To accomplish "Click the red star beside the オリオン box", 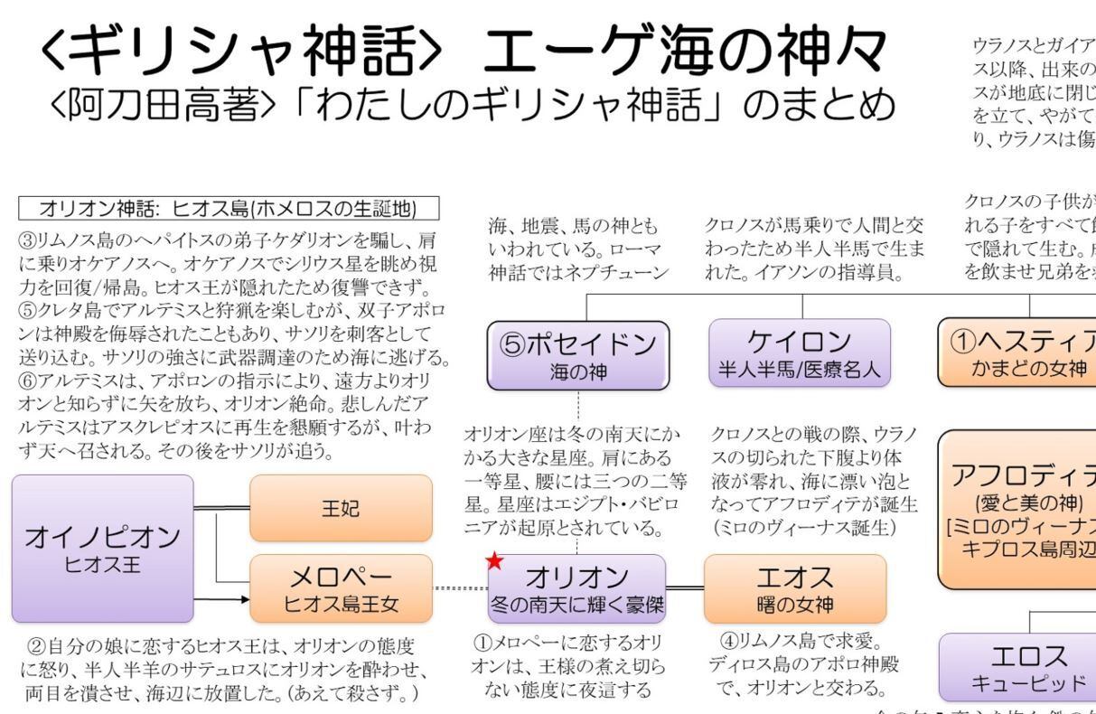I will (x=494, y=561).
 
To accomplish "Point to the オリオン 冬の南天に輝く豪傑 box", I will (x=576, y=588).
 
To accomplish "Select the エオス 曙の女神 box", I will (x=796, y=588).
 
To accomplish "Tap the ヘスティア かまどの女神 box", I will (x=1017, y=352).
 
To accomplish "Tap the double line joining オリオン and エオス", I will (x=685, y=588).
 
